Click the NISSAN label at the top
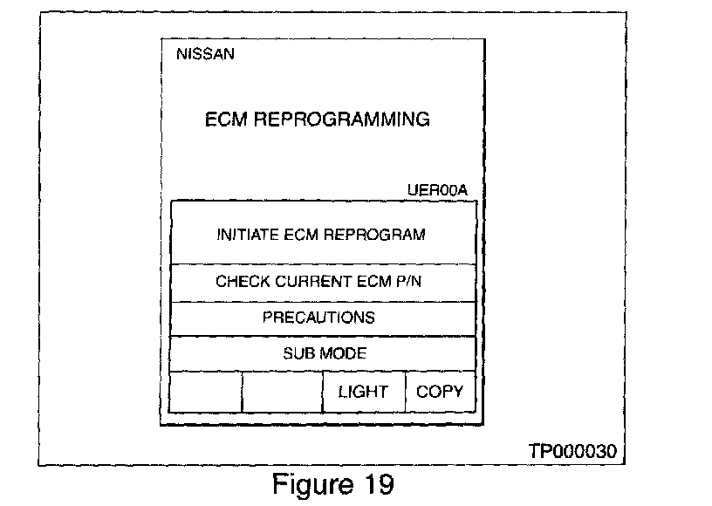click(x=205, y=54)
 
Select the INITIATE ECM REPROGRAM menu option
click(x=320, y=234)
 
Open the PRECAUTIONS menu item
click(x=318, y=318)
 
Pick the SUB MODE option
click(x=324, y=353)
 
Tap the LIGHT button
click(x=363, y=391)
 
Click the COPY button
click(x=440, y=391)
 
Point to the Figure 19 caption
click(x=334, y=482)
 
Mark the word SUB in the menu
click(x=298, y=353)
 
